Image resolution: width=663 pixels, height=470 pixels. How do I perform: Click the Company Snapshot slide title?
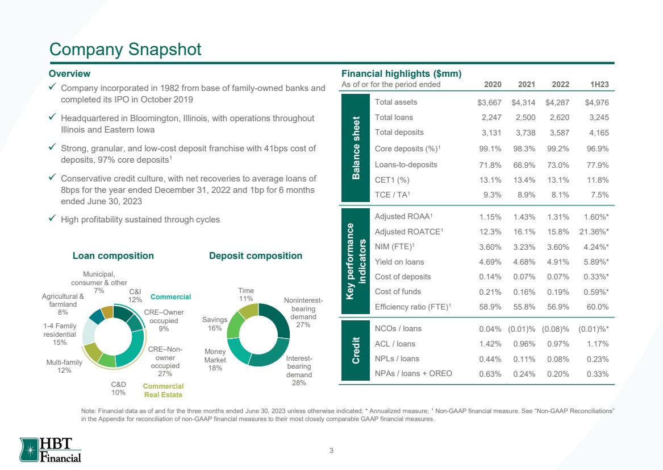(125, 50)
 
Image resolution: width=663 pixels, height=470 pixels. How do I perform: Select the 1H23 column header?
(599, 84)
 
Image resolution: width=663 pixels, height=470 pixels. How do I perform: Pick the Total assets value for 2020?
(489, 102)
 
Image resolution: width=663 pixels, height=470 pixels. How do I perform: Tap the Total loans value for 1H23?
(599, 118)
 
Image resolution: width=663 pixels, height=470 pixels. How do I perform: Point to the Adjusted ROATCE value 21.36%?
(594, 232)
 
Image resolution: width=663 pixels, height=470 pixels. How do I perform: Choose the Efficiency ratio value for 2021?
(524, 307)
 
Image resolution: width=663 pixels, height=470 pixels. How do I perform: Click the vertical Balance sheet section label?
(356, 148)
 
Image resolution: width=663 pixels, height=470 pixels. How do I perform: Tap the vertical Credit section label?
(356, 350)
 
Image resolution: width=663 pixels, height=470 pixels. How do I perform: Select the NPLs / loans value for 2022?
(558, 359)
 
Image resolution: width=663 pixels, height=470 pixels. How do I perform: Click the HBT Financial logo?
(51, 450)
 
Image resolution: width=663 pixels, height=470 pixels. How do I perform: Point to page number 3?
(332, 451)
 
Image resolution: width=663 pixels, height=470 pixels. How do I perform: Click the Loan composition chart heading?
(113, 255)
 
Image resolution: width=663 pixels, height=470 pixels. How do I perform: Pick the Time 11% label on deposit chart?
(245, 294)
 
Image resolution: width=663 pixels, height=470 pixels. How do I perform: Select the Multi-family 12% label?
(64, 366)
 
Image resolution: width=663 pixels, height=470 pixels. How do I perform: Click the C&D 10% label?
(118, 388)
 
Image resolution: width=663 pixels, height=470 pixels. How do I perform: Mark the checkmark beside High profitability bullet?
(52, 218)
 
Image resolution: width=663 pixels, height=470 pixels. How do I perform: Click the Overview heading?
(69, 73)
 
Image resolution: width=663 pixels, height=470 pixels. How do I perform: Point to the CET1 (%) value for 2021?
(524, 180)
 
